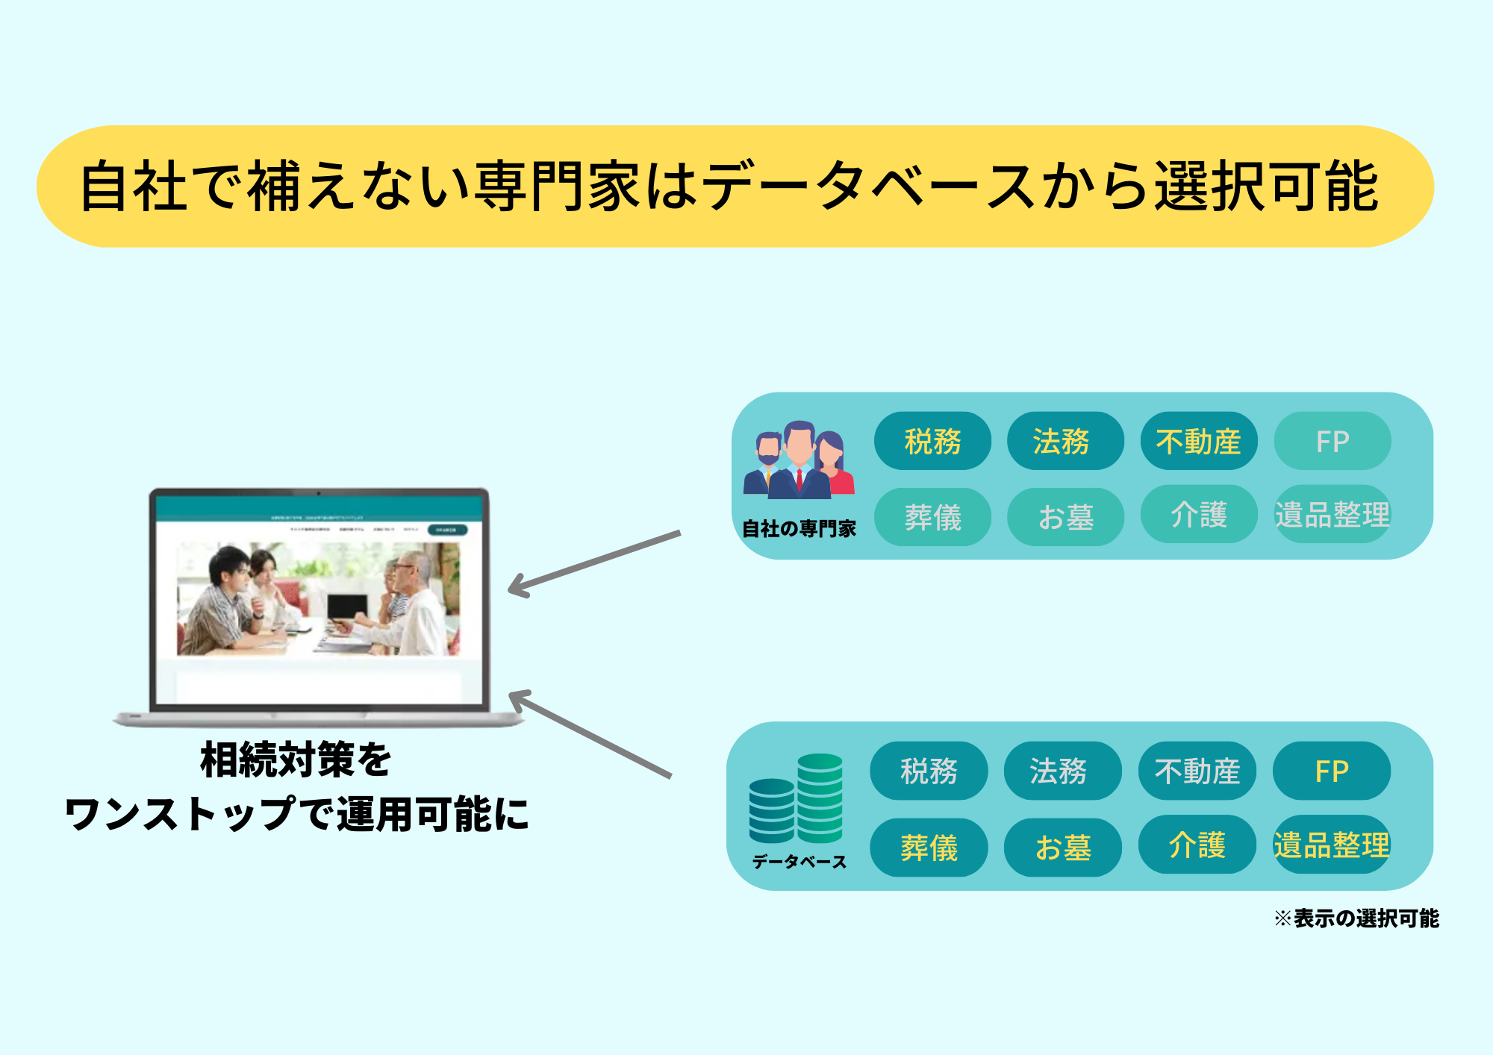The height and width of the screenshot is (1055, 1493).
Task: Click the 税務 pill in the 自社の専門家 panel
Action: pos(932,441)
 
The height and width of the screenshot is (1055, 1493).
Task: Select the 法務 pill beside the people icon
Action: pos(1065,441)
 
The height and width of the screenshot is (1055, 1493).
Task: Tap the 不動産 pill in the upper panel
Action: pos(1198,441)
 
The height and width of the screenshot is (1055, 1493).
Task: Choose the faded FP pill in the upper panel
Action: pos(1332,441)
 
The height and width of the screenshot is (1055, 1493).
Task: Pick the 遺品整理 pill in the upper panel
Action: pos(1332,515)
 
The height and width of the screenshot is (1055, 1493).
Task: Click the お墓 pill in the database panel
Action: pos(1062,847)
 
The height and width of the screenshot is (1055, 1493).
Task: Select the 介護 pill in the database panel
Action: pos(1197,845)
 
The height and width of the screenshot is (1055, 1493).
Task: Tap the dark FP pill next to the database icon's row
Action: pos(1331,771)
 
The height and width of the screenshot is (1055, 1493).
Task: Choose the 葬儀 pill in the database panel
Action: pos(929,847)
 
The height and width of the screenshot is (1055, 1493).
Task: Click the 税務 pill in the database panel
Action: pos(929,771)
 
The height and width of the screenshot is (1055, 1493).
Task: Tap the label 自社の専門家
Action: pos(799,528)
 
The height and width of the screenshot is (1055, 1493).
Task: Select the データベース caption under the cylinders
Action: pos(799,862)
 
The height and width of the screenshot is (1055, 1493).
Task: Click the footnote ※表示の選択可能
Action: pos(1356,918)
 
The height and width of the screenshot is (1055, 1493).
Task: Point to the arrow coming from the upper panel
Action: pos(594,564)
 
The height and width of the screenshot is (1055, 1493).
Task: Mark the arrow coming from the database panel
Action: pos(590,734)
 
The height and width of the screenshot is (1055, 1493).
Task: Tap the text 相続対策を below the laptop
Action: pos(296,760)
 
